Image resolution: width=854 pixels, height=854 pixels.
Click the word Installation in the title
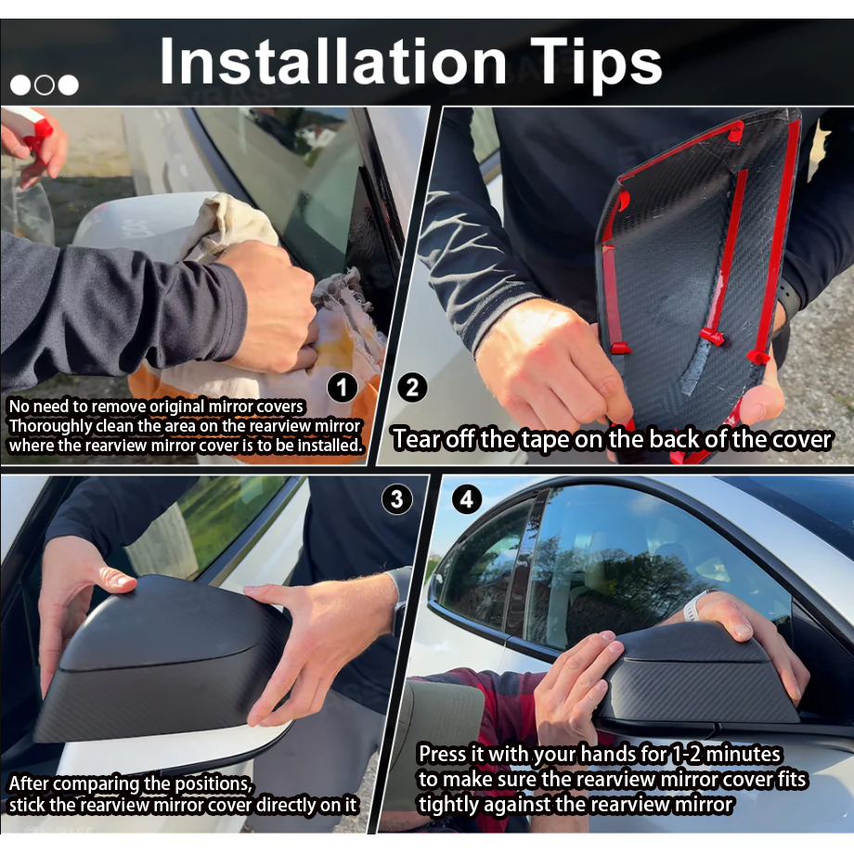[333, 61]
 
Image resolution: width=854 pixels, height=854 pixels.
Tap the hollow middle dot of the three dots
[45, 85]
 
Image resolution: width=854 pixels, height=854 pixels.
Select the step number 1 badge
[342, 388]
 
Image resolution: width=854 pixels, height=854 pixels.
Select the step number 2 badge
[412, 387]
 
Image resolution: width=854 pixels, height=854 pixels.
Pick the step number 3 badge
[396, 499]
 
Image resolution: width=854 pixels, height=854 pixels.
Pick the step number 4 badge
[467, 499]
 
